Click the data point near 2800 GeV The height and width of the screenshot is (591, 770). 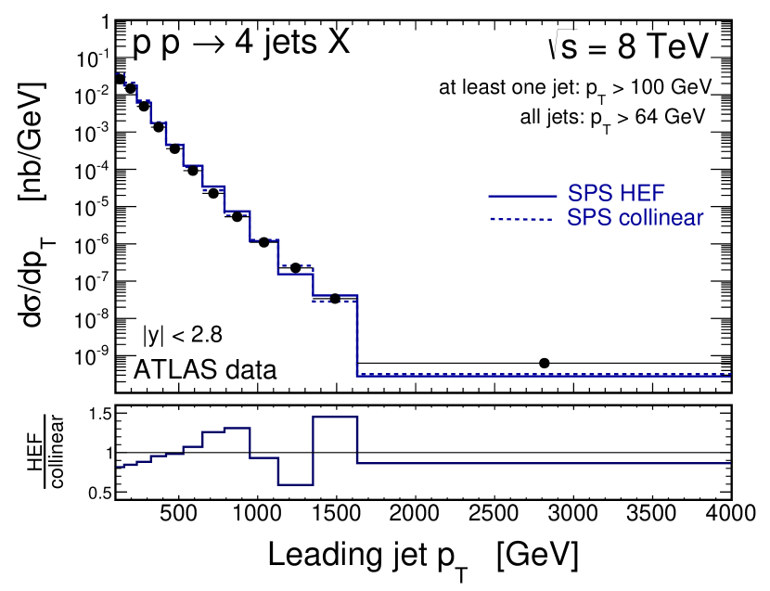[x=545, y=363]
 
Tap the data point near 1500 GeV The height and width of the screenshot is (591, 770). [x=335, y=298]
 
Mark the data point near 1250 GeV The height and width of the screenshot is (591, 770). [x=296, y=268]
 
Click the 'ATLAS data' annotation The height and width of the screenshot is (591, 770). [x=205, y=369]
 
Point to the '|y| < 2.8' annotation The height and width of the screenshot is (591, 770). [x=182, y=334]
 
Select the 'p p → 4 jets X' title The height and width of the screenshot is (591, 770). [x=242, y=43]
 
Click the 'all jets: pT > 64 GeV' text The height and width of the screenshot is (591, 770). [x=613, y=118]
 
